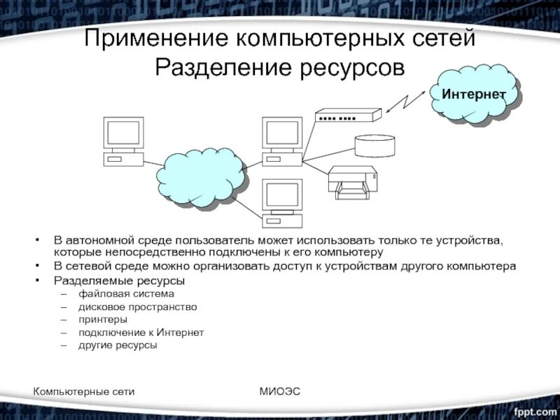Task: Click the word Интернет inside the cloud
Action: pyautogui.click(x=473, y=93)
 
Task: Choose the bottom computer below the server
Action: pyautogui.click(x=281, y=203)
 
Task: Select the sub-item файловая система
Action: pyautogui.click(x=116, y=294)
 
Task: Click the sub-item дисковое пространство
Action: pyautogui.click(x=137, y=307)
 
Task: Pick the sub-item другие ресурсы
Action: pyautogui.click(x=118, y=345)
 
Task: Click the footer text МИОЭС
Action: pyautogui.click(x=279, y=391)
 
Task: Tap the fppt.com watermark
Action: pyautogui.click(x=533, y=407)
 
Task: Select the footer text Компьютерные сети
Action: pyautogui.click(x=84, y=391)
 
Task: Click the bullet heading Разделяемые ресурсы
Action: pyautogui.click(x=119, y=281)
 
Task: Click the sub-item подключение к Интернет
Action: pyautogui.click(x=141, y=332)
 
